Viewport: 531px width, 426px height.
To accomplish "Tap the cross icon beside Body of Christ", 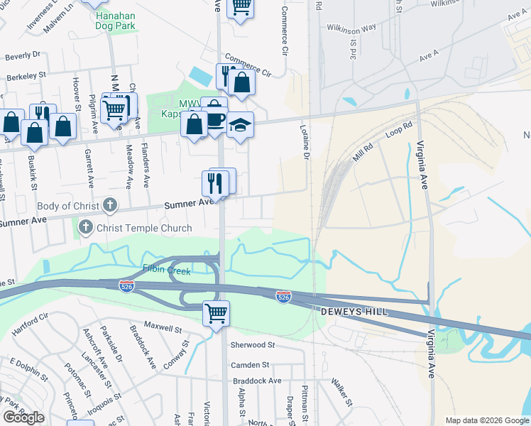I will (x=109, y=206).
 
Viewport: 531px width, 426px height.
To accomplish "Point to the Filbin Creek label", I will (x=165, y=268).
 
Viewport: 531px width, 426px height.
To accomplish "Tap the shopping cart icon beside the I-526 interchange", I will (x=216, y=312).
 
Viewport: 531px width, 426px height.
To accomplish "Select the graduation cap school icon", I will (x=240, y=124).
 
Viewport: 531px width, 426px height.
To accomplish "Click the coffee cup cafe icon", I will (x=215, y=117).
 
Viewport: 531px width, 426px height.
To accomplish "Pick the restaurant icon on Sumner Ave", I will (x=214, y=183).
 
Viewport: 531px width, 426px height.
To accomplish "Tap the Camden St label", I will (x=251, y=364).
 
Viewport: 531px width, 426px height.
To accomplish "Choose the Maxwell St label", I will (x=163, y=329).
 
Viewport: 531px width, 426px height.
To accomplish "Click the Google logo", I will (x=23, y=417).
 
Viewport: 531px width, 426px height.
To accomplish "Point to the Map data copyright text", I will (x=486, y=420).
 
